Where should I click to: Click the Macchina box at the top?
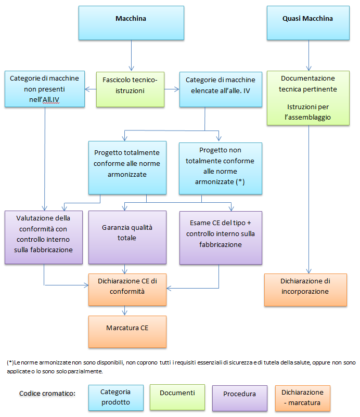(131, 23)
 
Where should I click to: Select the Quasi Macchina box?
(307, 23)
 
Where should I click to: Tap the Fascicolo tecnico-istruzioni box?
(130, 89)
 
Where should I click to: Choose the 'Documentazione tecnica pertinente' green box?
(308, 98)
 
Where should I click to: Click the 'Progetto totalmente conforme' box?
(127, 167)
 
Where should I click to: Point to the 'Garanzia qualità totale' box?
(127, 237)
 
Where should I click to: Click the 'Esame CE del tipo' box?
(221, 237)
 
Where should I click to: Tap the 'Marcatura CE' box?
(127, 332)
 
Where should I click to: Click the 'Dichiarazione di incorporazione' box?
(305, 290)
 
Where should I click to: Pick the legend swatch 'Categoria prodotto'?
(115, 398)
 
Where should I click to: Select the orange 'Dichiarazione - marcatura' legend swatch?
(302, 398)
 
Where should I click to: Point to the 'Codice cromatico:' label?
(47, 393)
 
